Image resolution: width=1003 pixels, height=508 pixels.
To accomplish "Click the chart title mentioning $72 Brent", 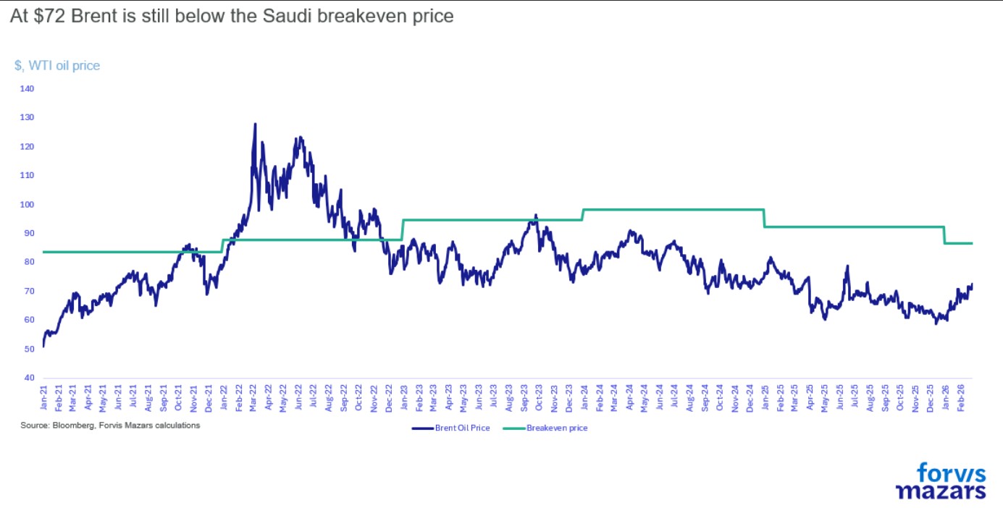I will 232,17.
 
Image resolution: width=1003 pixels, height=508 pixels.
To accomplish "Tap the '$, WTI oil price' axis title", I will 57,66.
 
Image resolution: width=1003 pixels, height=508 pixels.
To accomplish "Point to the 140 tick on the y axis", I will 27,88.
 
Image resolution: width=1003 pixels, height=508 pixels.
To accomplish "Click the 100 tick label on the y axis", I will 27,204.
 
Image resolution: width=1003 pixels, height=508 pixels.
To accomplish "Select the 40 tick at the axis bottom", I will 29,378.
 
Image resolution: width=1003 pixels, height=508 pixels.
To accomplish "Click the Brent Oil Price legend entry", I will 451,428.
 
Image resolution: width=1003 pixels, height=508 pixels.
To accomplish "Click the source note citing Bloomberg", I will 110,426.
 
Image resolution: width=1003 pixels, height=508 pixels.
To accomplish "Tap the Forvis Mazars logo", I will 941,481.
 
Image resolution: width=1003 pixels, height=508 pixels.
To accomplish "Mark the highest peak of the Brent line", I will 255,124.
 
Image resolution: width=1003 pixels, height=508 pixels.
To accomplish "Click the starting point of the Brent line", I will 43,346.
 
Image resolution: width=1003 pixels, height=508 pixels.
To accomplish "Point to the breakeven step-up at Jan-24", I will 582,214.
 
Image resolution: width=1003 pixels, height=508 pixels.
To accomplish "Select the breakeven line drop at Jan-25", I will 764,218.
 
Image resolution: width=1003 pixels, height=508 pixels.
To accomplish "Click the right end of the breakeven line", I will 972,243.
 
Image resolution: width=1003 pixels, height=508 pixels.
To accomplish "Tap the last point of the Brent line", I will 972,284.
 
